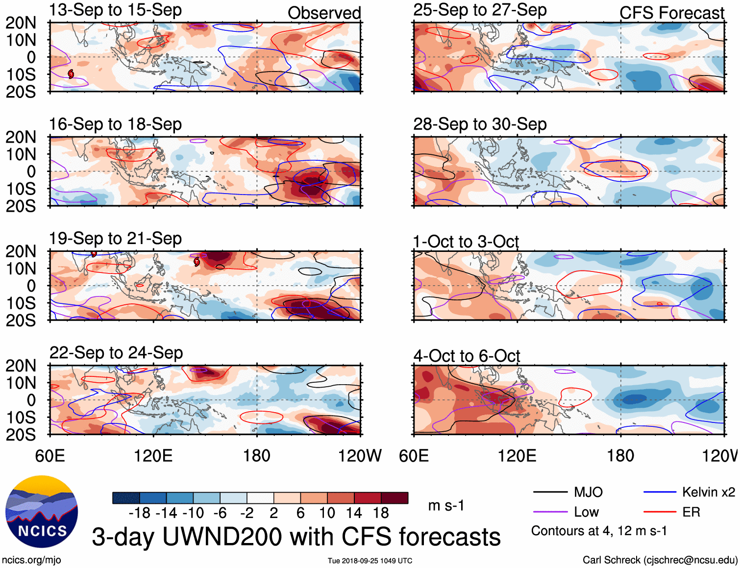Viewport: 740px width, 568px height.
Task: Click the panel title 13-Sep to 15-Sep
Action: [x=115, y=10]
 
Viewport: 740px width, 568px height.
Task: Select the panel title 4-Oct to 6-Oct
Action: [x=467, y=356]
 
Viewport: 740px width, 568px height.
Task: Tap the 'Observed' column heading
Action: [x=324, y=13]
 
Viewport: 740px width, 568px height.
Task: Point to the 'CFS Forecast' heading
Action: [x=671, y=13]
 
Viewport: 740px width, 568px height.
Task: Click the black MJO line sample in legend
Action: [x=550, y=492]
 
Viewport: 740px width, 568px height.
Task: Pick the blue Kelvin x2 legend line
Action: [x=660, y=492]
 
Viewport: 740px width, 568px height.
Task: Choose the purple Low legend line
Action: [x=550, y=512]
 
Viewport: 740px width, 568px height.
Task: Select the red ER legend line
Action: [x=660, y=512]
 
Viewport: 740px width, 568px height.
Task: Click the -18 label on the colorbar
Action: [x=139, y=513]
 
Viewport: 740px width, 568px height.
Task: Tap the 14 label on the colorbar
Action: [x=353, y=513]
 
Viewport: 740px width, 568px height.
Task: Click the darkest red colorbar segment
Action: [x=395, y=498]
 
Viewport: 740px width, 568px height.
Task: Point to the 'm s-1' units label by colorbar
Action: [x=446, y=505]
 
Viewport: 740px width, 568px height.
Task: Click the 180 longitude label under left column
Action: [x=257, y=456]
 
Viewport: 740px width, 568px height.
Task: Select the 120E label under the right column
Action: [x=517, y=456]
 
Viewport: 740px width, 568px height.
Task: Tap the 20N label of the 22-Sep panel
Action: [x=21, y=366]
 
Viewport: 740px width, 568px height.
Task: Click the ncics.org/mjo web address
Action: [x=31, y=560]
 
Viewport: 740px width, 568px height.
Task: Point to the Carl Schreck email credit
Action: [x=660, y=560]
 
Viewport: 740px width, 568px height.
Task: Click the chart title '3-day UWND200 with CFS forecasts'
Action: [x=296, y=537]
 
